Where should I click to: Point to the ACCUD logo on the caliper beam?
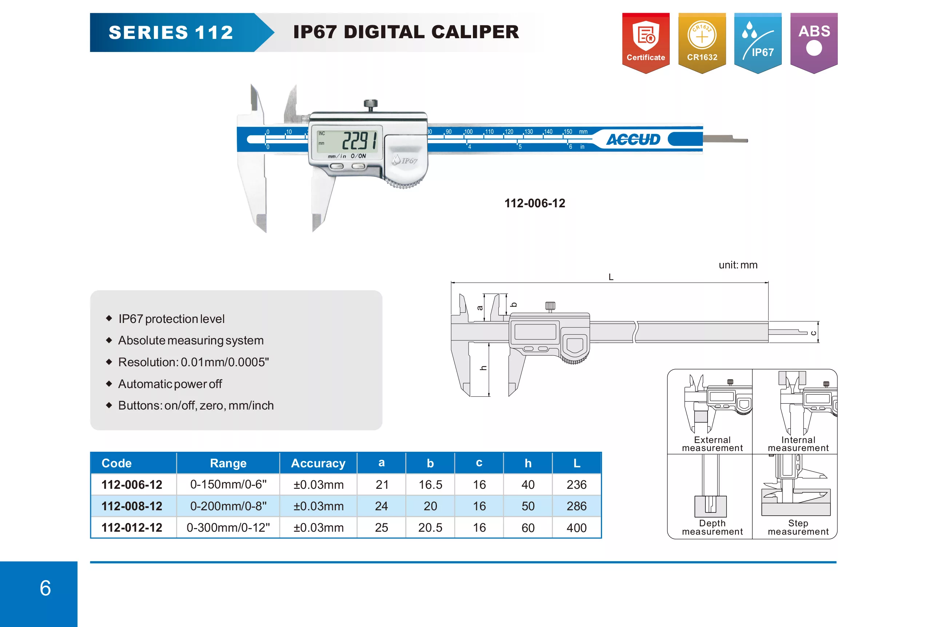tap(633, 139)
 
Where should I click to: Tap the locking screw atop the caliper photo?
tap(371, 105)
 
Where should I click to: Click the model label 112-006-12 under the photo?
tap(535, 203)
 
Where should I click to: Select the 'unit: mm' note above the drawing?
tap(738, 265)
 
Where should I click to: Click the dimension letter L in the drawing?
tap(611, 277)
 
